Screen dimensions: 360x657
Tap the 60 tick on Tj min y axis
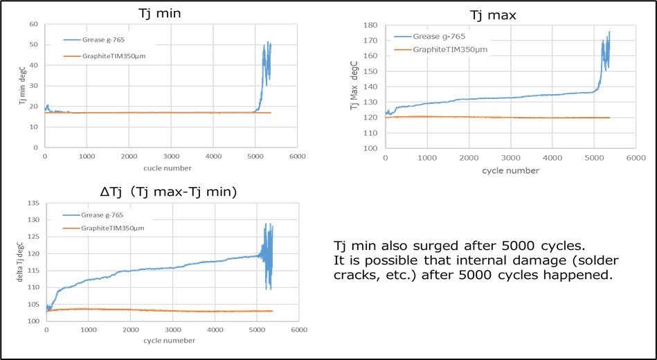[x=33, y=24]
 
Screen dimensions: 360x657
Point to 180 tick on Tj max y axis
[x=370, y=25]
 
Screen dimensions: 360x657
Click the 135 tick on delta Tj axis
[x=32, y=204]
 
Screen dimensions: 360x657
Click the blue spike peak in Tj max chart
[x=609, y=32]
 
